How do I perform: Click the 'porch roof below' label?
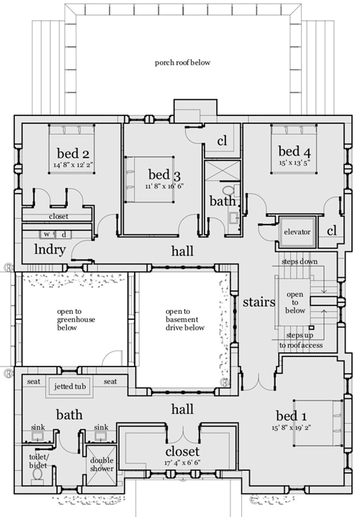(x=182, y=63)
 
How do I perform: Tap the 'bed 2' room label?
(x=73, y=153)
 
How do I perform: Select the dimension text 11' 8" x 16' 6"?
(x=164, y=186)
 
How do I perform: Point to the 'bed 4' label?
(x=294, y=151)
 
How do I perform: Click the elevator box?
(x=297, y=232)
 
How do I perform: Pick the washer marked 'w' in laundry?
(x=47, y=235)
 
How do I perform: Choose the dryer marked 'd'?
(x=63, y=235)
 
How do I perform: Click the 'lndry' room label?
(x=50, y=250)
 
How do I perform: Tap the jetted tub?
(x=70, y=386)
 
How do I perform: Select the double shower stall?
(x=102, y=465)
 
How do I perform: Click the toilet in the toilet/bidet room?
(x=37, y=475)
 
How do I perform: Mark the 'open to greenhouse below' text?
(x=76, y=320)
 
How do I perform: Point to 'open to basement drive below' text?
(x=184, y=320)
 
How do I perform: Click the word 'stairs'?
(x=258, y=302)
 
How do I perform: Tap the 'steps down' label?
(x=300, y=262)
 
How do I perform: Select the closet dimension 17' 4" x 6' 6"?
(x=182, y=462)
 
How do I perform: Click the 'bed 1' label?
(x=292, y=415)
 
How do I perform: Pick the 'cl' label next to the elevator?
(x=332, y=231)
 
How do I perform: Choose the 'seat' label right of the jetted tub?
(x=110, y=382)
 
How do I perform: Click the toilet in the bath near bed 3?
(x=228, y=190)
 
